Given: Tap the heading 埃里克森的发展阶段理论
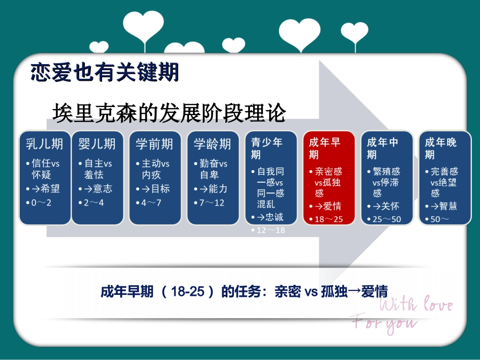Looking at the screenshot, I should [169, 112].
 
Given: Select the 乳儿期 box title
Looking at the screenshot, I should [44, 144].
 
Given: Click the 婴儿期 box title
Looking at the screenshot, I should [97, 144].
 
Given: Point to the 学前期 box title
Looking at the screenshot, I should [155, 144].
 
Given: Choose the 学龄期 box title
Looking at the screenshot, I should [212, 144].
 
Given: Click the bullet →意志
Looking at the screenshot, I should [98, 188].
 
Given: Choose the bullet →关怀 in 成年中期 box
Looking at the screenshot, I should [386, 206].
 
